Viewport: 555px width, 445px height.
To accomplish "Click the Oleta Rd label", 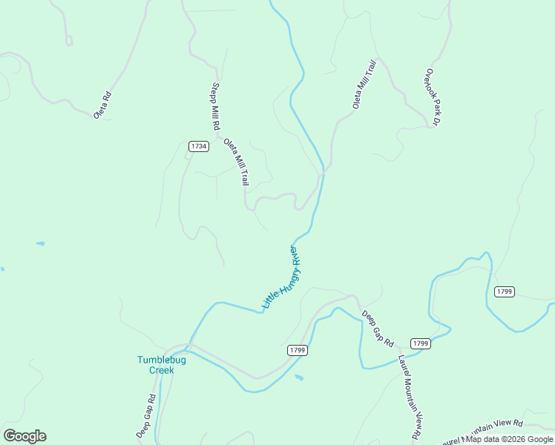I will click(x=102, y=105).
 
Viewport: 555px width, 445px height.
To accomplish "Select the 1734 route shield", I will click(x=198, y=146).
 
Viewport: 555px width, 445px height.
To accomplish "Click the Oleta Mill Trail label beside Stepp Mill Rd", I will click(x=236, y=162).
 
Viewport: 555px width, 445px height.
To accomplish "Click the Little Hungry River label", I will click(x=284, y=277).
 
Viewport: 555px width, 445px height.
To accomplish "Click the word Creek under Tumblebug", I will click(x=161, y=370).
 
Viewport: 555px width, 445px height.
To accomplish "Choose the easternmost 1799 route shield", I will click(x=504, y=291).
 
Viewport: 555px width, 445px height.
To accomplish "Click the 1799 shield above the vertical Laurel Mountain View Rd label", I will click(x=421, y=343).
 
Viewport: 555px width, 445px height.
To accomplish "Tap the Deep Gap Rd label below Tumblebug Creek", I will click(x=145, y=416).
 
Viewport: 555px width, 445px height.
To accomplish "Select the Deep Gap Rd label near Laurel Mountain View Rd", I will click(x=377, y=328).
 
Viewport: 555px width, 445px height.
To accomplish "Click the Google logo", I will click(x=24, y=435).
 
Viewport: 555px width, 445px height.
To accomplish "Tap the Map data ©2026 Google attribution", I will click(x=510, y=439).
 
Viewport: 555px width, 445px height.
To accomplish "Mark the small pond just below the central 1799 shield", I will click(x=298, y=378).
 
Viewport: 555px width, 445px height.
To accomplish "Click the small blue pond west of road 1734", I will click(x=39, y=243).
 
